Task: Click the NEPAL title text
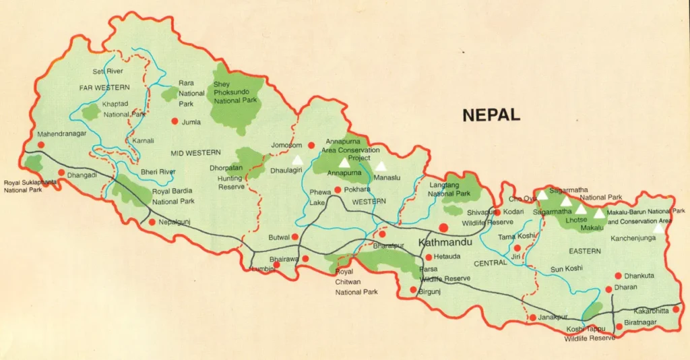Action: coord(491,115)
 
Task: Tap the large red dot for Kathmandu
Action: coord(444,228)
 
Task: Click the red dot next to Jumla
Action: coord(175,121)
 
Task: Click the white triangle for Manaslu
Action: coord(381,166)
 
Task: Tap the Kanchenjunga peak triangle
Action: coord(659,229)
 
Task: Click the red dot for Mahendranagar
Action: coord(41,144)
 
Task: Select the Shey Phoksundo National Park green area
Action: coord(236,101)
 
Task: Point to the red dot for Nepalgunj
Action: coord(152,222)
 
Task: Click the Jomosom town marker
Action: coord(311,145)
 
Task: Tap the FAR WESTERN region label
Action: coord(104,88)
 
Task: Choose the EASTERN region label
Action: coord(584,251)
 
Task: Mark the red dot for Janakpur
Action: coord(532,318)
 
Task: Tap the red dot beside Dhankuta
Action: coord(618,276)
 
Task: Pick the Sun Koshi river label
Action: coord(566,269)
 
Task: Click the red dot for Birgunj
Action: coord(414,291)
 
